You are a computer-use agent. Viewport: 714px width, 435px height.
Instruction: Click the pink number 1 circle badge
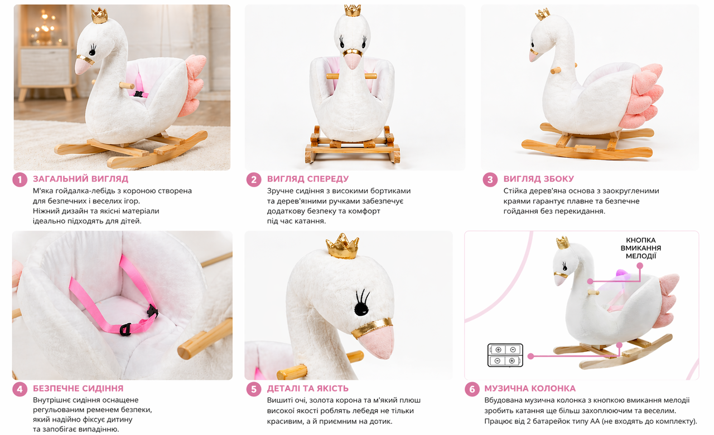tap(20, 179)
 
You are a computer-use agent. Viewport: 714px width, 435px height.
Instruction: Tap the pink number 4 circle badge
tap(20, 389)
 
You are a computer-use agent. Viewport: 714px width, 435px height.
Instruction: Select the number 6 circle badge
tap(472, 389)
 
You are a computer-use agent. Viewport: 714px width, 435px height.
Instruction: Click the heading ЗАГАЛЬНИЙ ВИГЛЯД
tap(81, 179)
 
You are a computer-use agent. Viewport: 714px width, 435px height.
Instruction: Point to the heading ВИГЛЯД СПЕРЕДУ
tap(308, 179)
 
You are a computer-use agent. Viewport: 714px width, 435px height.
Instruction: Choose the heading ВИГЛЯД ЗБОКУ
tap(539, 179)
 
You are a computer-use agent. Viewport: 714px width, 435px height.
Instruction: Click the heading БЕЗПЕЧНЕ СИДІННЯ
tap(78, 389)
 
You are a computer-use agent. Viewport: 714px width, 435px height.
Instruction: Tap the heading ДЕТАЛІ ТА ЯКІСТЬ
tap(308, 389)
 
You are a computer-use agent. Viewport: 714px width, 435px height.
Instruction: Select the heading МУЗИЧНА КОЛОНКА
tap(530, 389)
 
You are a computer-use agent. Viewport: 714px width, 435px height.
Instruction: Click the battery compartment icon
tap(505, 355)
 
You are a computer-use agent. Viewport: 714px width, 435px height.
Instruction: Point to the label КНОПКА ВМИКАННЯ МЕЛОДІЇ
tap(641, 248)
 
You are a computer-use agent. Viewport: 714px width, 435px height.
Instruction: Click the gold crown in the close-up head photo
tap(342, 246)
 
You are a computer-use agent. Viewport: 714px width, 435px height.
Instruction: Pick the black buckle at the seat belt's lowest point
tap(126, 330)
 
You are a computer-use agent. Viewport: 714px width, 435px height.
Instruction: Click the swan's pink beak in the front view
tap(352, 61)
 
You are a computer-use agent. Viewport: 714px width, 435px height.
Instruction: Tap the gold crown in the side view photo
tap(543, 14)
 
